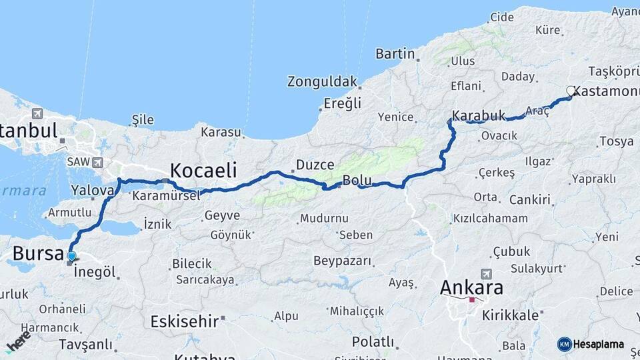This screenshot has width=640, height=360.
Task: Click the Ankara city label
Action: (x=471, y=288)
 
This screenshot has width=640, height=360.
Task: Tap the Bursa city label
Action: (x=39, y=253)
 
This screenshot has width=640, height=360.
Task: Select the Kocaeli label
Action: (x=203, y=169)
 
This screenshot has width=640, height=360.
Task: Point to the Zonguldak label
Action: (x=323, y=82)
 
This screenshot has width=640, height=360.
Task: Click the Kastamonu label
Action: (x=607, y=91)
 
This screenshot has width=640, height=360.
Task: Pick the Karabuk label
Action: (x=479, y=115)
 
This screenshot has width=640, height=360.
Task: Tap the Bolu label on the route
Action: (x=356, y=179)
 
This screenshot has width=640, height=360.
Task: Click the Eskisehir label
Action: (x=185, y=321)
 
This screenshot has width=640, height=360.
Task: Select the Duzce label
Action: (x=314, y=164)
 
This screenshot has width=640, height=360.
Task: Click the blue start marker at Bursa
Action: (x=71, y=256)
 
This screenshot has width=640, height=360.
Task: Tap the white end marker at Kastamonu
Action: (x=571, y=90)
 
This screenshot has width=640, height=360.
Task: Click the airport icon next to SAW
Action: (x=98, y=162)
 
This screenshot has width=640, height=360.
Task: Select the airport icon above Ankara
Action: (x=485, y=273)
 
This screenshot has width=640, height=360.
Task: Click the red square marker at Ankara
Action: (x=472, y=299)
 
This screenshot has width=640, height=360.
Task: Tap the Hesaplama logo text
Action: (x=599, y=344)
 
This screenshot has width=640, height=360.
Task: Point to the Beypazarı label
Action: (x=342, y=261)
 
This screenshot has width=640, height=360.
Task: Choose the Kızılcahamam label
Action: (x=490, y=218)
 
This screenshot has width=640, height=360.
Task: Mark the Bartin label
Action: (x=395, y=54)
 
